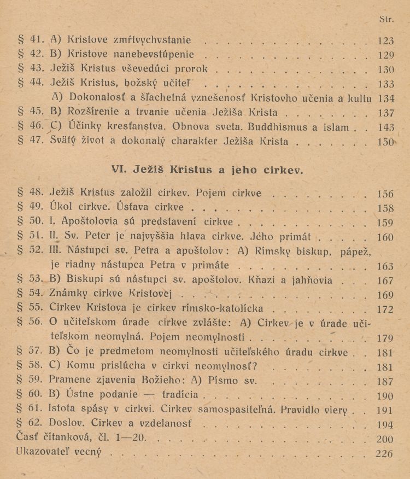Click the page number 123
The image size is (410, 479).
(x=385, y=40)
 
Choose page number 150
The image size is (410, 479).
(x=385, y=142)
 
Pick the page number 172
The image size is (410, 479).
(x=385, y=309)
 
